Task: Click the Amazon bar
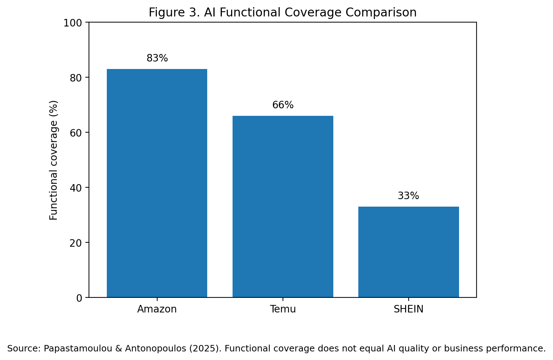157,183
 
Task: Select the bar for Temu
283,207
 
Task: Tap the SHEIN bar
409,252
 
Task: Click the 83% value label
157,58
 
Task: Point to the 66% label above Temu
283,105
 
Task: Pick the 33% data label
409,196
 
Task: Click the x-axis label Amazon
157,309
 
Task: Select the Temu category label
283,309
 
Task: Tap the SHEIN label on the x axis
409,309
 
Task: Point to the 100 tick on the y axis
73,23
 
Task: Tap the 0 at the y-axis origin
79,299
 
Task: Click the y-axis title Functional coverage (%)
53,160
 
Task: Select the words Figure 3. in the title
174,13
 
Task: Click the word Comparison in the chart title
381,13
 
